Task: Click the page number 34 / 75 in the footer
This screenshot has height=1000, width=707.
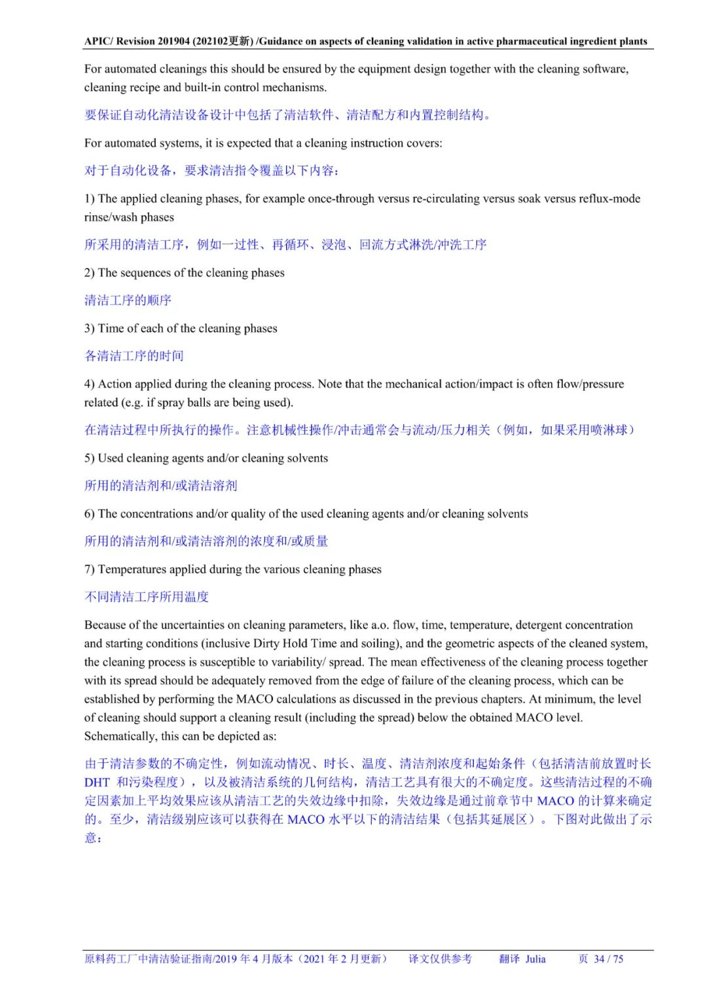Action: [608, 959]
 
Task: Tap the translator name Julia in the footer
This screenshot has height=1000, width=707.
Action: [535, 959]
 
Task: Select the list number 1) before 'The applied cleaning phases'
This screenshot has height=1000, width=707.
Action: [90, 198]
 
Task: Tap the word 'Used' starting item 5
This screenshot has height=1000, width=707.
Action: [111, 458]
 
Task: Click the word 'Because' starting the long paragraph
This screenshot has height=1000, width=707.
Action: [107, 625]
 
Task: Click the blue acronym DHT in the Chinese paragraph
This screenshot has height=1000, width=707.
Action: [97, 782]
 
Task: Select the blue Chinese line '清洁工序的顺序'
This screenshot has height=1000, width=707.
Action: [128, 301]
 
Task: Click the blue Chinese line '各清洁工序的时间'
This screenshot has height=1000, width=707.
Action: [134, 356]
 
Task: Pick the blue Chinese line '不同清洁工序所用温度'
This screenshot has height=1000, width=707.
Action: [147, 597]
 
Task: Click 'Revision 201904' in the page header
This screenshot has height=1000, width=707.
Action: [153, 41]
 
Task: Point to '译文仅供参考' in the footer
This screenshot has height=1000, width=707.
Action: [440, 959]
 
